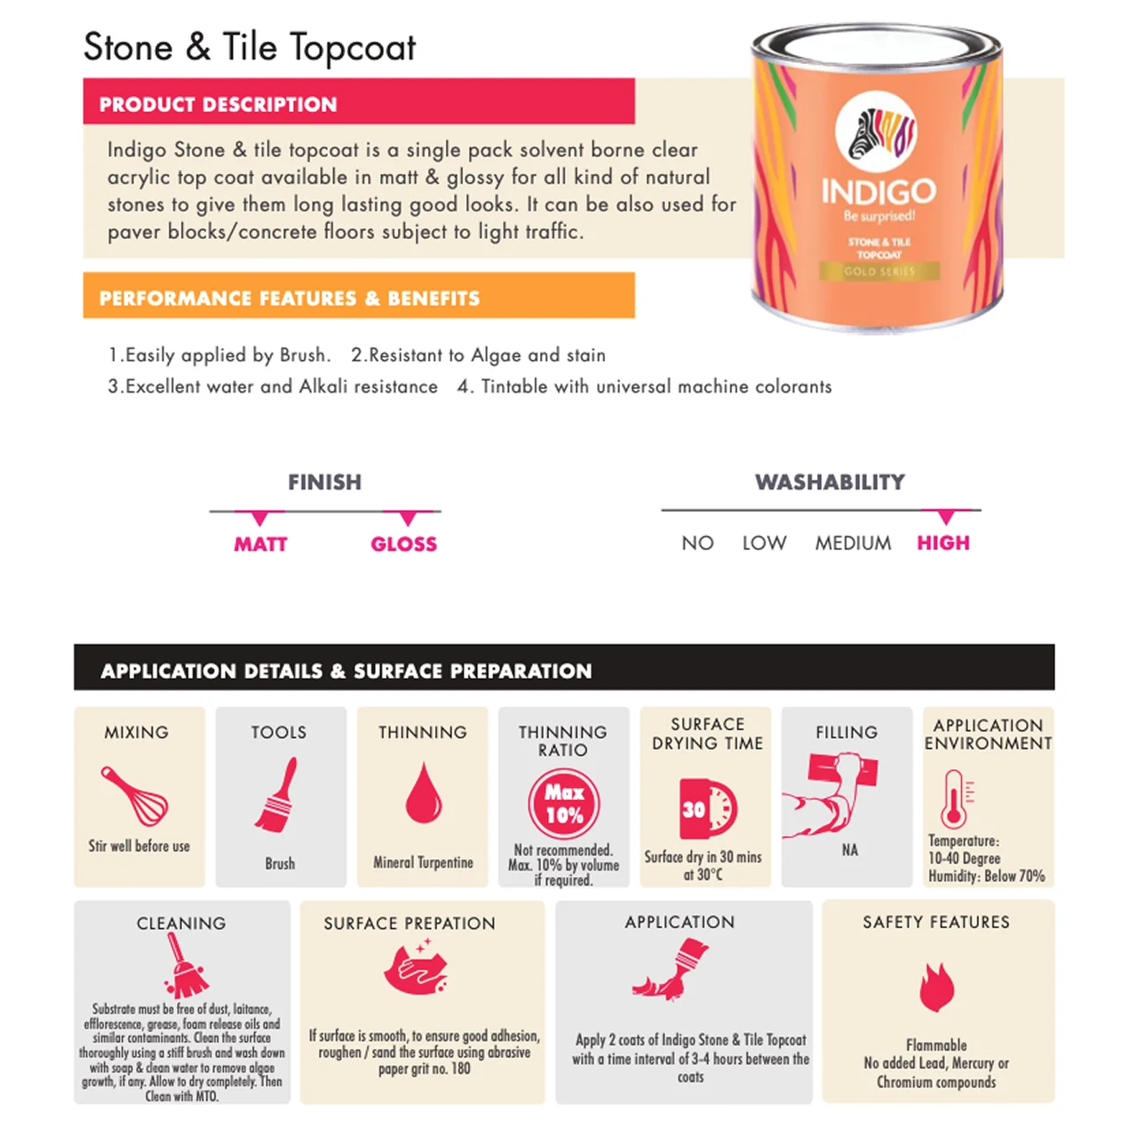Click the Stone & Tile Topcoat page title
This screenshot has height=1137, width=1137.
click(x=250, y=48)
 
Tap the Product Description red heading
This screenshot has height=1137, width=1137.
click(x=218, y=104)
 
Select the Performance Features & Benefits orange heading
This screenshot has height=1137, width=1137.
click(x=289, y=298)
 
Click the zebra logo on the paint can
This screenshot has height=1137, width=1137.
click(x=877, y=133)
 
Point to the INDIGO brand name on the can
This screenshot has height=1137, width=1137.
click(x=878, y=191)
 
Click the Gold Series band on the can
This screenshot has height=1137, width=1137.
click(x=879, y=271)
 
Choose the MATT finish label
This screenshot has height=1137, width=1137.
click(x=260, y=544)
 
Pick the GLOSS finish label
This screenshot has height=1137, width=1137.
click(x=403, y=544)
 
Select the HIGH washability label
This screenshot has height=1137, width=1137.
click(x=943, y=543)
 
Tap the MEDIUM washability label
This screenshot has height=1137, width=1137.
click(x=853, y=543)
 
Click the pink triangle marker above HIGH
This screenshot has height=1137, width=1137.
click(x=946, y=517)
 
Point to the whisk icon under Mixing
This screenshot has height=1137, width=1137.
click(x=134, y=796)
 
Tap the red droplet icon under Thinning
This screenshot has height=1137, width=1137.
click(x=423, y=792)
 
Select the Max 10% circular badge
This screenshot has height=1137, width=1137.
click(x=564, y=803)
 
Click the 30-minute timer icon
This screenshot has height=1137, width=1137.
click(x=707, y=808)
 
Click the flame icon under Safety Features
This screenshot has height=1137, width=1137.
click(x=936, y=987)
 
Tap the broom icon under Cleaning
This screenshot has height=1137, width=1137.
click(x=184, y=966)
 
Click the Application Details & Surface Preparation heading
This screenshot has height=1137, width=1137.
click(x=346, y=671)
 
